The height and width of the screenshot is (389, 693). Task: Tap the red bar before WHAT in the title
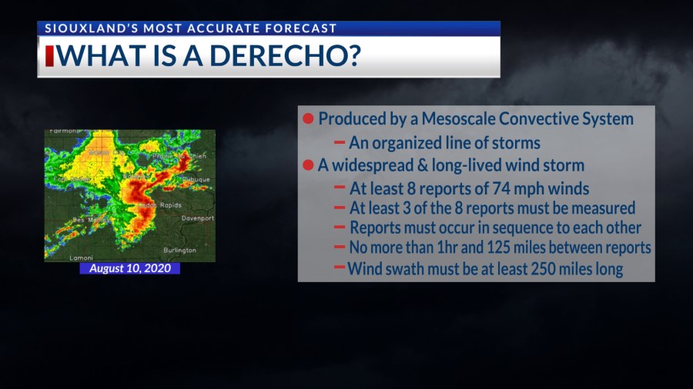tap(50, 56)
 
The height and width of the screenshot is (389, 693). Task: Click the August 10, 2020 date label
tap(129, 268)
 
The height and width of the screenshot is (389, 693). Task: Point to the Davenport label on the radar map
tap(197, 218)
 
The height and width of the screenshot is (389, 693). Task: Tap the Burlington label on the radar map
tap(180, 250)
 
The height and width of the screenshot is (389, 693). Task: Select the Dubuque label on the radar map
tap(195, 179)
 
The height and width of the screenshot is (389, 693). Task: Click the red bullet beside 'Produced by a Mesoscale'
tap(308, 119)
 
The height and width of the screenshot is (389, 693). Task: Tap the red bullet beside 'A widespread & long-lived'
tap(308, 165)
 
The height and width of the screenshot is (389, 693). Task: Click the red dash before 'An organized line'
tap(339, 143)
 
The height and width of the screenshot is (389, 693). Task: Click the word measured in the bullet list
tap(600, 208)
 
